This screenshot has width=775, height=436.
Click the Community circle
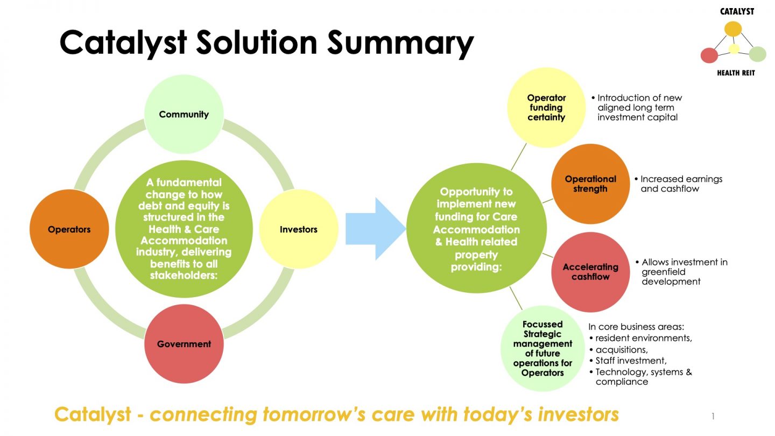[x=184, y=114]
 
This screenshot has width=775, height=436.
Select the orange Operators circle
[x=69, y=229]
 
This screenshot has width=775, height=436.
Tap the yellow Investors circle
[x=298, y=229]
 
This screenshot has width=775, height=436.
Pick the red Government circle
[x=184, y=344]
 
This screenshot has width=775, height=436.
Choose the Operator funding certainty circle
[x=546, y=107]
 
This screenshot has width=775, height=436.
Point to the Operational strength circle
[x=590, y=184]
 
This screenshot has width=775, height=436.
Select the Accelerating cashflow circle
[x=590, y=272]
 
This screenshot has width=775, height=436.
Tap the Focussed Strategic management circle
[x=542, y=348]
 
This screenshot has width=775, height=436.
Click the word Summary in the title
[x=400, y=43]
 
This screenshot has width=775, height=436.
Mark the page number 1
[x=713, y=416]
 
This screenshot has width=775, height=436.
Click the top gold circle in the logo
[x=733, y=29]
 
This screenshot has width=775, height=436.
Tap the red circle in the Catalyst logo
[x=709, y=55]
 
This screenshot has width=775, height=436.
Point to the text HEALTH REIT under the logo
[x=736, y=73]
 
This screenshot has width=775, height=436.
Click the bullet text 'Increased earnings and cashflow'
[x=681, y=184]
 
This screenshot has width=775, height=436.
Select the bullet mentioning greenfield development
[x=684, y=272]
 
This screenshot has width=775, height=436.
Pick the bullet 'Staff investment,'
[x=631, y=361]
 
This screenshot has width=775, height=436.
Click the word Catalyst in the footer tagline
[x=93, y=414]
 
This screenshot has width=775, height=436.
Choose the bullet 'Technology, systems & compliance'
[x=643, y=377]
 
